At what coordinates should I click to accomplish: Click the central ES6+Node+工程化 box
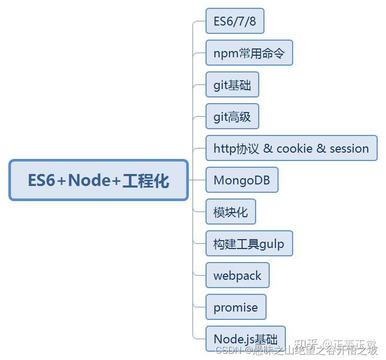pos(99,180)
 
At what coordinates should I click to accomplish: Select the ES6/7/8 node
pos(235,21)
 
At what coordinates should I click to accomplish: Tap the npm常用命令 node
pos(249,53)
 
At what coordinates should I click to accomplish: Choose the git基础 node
pos(232,85)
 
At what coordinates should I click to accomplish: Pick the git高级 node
pos(232,117)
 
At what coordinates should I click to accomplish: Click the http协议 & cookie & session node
pos(291,148)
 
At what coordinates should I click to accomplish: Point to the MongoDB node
pos(242,180)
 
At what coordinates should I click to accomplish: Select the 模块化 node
pos(231,212)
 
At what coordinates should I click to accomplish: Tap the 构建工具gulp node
pos(249,244)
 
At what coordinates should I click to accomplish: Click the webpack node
pos(237,276)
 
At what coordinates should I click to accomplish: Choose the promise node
pos(235,307)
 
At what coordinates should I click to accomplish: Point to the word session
pos(349,148)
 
